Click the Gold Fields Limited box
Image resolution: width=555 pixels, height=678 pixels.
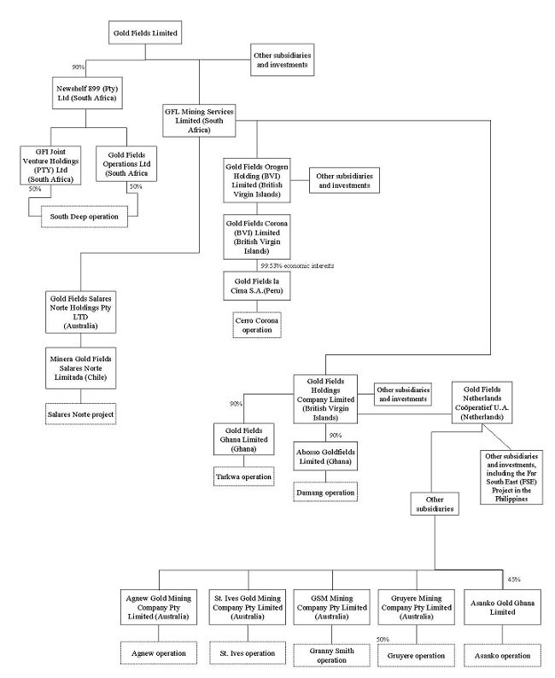coord(145,33)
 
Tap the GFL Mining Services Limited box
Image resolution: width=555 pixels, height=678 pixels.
coord(198,120)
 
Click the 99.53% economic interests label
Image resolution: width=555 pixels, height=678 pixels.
coord(297,266)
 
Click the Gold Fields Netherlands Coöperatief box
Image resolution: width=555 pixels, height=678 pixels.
coord(488,401)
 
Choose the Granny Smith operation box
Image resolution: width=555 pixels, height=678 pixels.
coord(325,654)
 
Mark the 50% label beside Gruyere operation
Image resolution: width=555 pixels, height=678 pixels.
coord(383,639)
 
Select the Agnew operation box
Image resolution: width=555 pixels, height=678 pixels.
coord(158,653)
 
